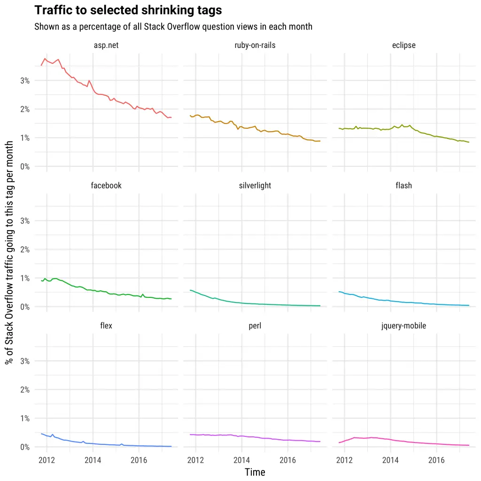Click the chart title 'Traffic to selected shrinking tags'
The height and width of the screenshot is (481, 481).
[128, 10]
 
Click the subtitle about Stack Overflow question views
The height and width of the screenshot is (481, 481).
[173, 26]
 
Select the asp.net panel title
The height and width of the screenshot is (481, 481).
[106, 46]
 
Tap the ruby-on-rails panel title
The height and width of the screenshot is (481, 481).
[255, 46]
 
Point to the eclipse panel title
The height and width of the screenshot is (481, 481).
[403, 46]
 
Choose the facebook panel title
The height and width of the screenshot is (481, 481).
[106, 186]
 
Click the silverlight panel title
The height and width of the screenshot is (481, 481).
[255, 186]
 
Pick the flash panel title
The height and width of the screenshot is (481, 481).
[403, 186]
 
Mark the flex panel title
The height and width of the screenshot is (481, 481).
[106, 326]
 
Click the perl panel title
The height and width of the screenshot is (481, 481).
[255, 326]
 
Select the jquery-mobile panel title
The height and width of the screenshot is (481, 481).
[403, 326]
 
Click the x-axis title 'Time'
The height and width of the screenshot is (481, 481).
[255, 472]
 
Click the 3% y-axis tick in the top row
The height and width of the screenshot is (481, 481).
[24, 81]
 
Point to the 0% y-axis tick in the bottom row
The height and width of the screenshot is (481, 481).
[24, 447]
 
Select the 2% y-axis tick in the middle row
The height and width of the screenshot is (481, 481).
[24, 249]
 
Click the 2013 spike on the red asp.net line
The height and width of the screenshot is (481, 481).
[89, 80]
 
